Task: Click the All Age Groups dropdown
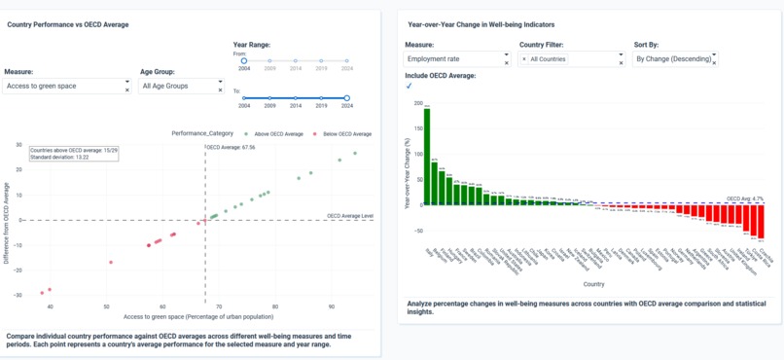point(180,86)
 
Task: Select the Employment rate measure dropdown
point(454,59)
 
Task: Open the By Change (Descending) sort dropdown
point(673,59)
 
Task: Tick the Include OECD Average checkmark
point(410,87)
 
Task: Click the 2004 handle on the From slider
point(244,60)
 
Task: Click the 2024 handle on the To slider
point(347,97)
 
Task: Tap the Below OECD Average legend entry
point(348,133)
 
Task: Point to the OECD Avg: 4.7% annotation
point(746,198)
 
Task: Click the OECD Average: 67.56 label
point(232,148)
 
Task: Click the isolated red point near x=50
point(111,262)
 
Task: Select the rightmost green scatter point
point(355,153)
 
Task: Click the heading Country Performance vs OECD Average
point(68,24)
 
